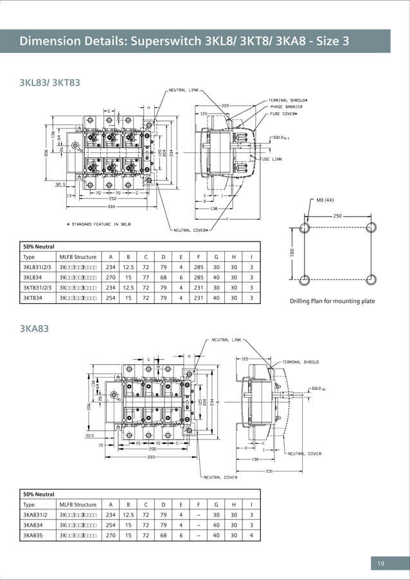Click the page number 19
tap(380, 564)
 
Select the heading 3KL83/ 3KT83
tap(50, 82)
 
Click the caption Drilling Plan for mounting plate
tap(332, 301)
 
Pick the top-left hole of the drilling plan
tap(305, 228)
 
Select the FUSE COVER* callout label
tap(283, 114)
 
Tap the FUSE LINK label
tap(271, 159)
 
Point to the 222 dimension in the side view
tap(225, 105)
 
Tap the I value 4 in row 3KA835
tap(251, 535)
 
